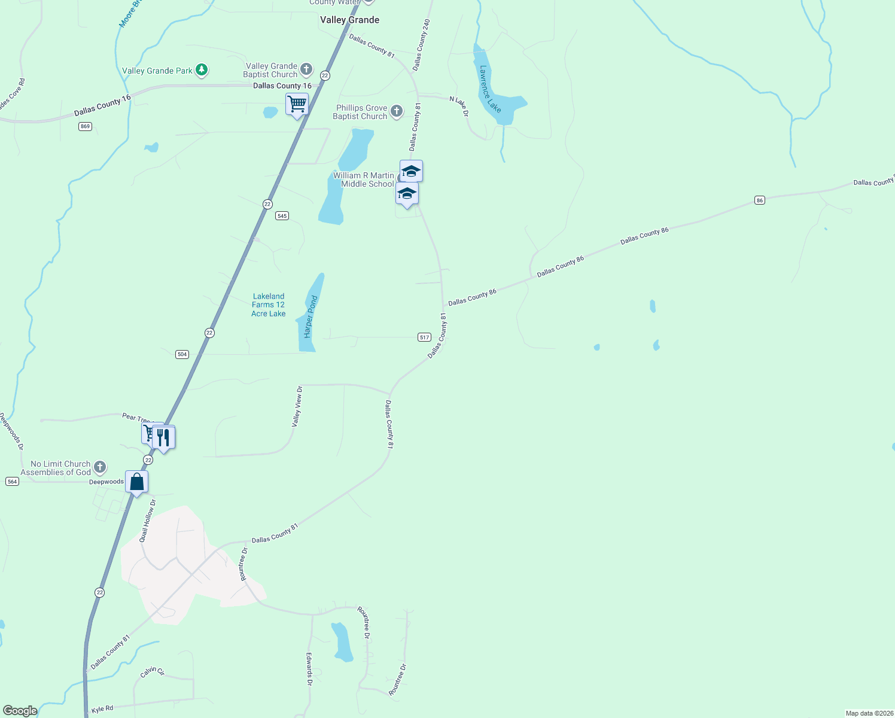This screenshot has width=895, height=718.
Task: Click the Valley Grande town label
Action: click(x=349, y=20)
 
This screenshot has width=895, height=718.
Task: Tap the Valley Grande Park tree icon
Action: click(x=202, y=70)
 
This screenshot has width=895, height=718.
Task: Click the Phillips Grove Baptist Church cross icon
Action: click(x=396, y=111)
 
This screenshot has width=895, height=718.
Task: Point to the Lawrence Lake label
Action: click(x=490, y=89)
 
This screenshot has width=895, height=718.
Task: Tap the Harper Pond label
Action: click(x=310, y=317)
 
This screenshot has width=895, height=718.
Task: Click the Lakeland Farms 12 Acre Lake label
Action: click(x=269, y=305)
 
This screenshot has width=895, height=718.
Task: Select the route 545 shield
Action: click(x=282, y=215)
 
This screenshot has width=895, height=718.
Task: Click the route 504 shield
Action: click(x=182, y=354)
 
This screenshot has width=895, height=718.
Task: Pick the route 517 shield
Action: click(x=424, y=337)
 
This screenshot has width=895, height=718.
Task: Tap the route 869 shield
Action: click(x=85, y=126)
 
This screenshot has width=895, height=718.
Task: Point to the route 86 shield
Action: click(x=759, y=200)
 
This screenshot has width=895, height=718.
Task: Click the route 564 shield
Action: click(x=12, y=481)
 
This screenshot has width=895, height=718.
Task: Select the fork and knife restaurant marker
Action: click(x=163, y=437)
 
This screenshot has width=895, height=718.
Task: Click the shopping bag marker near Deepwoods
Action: click(x=137, y=482)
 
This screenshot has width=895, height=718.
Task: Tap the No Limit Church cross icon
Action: click(x=100, y=467)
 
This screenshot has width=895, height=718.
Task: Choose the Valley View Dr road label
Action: click(x=297, y=406)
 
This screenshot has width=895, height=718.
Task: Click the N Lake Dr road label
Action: click(x=459, y=106)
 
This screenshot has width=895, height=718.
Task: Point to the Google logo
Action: click(x=20, y=711)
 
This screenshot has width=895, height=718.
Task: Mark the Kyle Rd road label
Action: click(x=102, y=709)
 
